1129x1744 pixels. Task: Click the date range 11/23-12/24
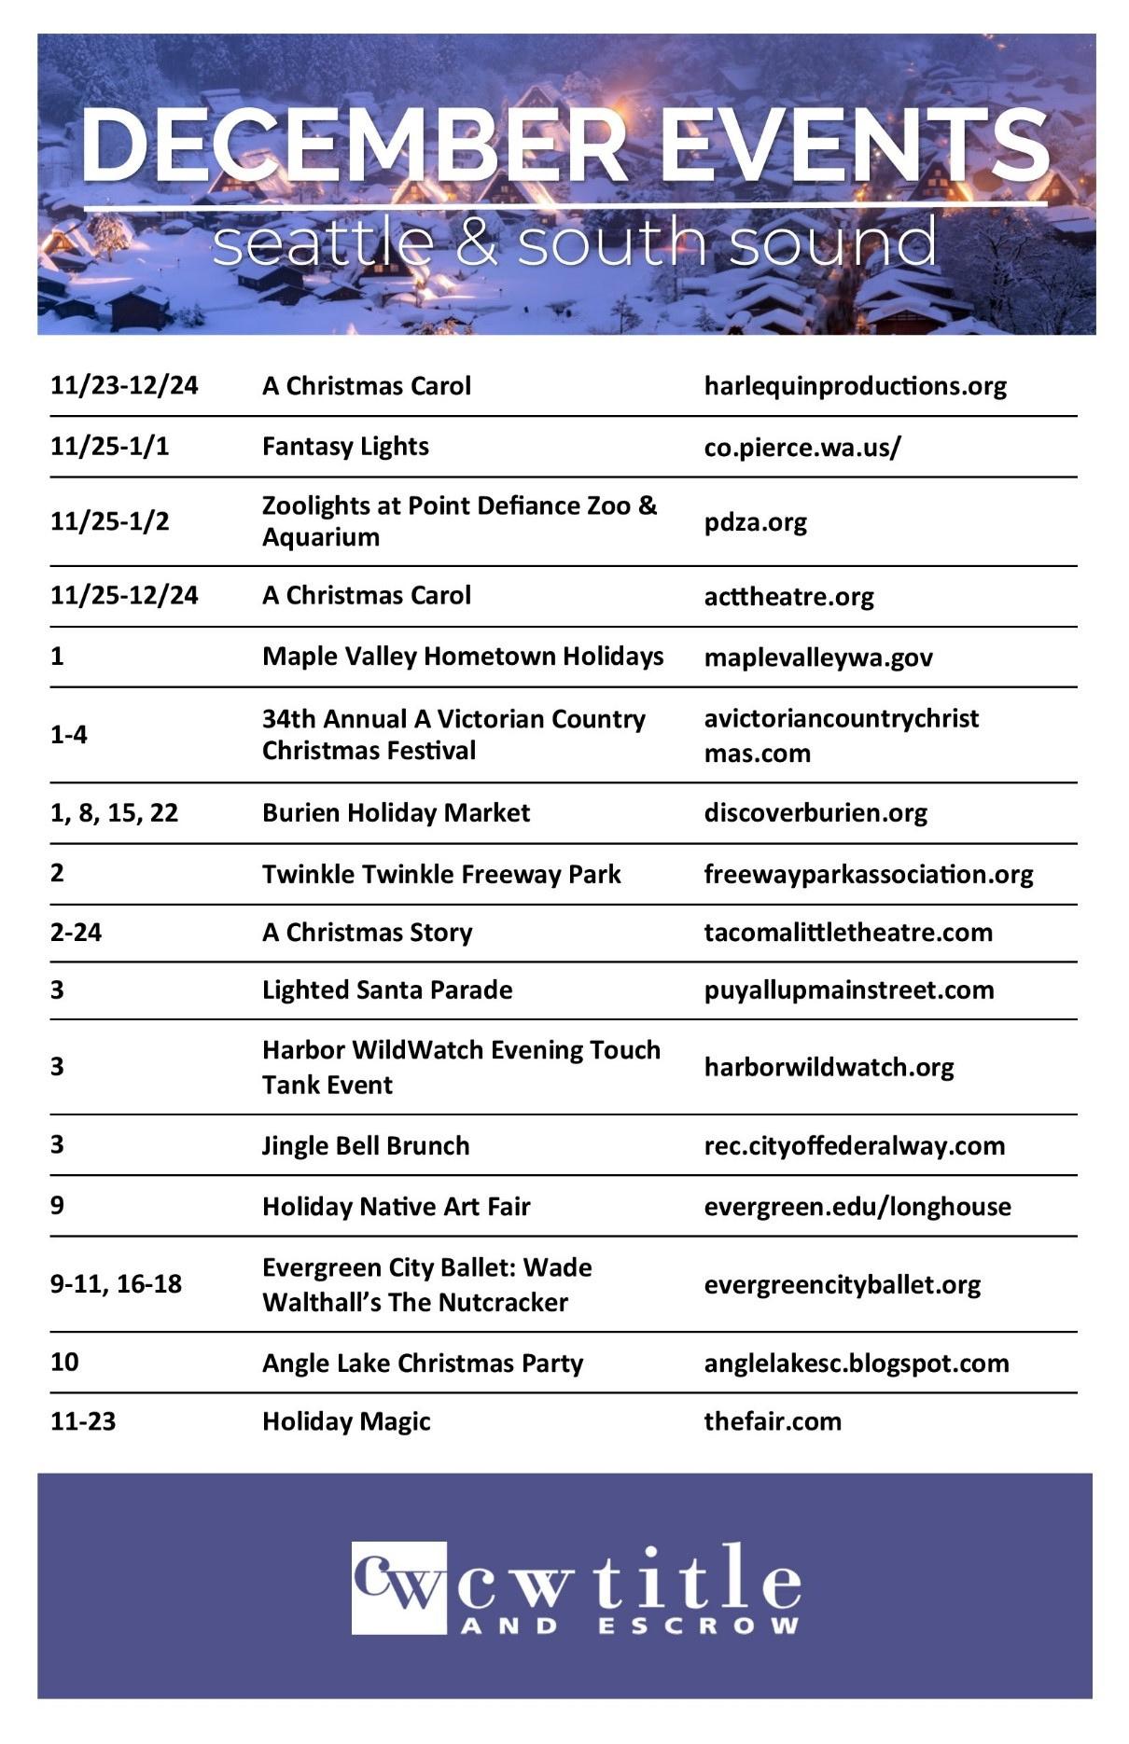[x=124, y=385]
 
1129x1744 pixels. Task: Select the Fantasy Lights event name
[x=345, y=446]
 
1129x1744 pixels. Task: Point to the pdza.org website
[x=755, y=521]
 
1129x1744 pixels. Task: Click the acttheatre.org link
[x=788, y=596]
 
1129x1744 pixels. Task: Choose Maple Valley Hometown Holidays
[x=463, y=657]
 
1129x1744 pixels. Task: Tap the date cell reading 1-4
[x=69, y=735]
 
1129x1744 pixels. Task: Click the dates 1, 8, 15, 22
[x=114, y=812]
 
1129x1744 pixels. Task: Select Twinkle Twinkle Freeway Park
[x=441, y=874]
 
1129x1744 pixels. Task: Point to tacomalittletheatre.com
[x=848, y=932]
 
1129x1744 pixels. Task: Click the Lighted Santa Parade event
[x=387, y=990]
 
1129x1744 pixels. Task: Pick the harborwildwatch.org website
[x=829, y=1067]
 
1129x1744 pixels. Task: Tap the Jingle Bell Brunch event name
[x=366, y=1145]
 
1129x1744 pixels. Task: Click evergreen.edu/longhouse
[x=857, y=1206]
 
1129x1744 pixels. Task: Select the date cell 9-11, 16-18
[x=116, y=1284]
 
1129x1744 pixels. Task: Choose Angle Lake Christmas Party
[x=423, y=1363]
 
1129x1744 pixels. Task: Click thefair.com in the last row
[x=773, y=1421]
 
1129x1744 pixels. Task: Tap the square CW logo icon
[x=398, y=1587]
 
